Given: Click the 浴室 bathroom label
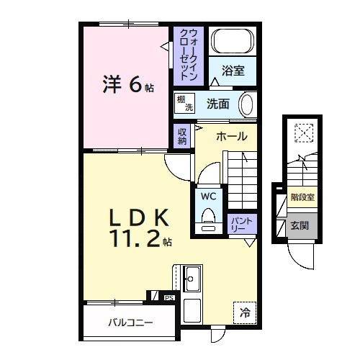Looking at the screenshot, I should [x=233, y=71].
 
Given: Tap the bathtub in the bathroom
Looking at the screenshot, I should [x=233, y=40].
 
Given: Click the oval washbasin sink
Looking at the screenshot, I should [x=246, y=104].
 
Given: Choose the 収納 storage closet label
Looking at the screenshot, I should [x=183, y=136].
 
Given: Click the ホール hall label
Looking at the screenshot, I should [x=231, y=136].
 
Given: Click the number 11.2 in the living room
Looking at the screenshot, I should [x=134, y=240].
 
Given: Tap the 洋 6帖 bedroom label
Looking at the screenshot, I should [x=127, y=85].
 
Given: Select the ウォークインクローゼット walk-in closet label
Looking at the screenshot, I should [x=190, y=54].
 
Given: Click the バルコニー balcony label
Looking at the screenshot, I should [x=131, y=323].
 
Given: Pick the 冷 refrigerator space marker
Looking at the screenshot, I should [x=245, y=312].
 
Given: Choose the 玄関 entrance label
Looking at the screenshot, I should [x=300, y=225].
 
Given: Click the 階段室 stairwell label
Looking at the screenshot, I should [x=302, y=196].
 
